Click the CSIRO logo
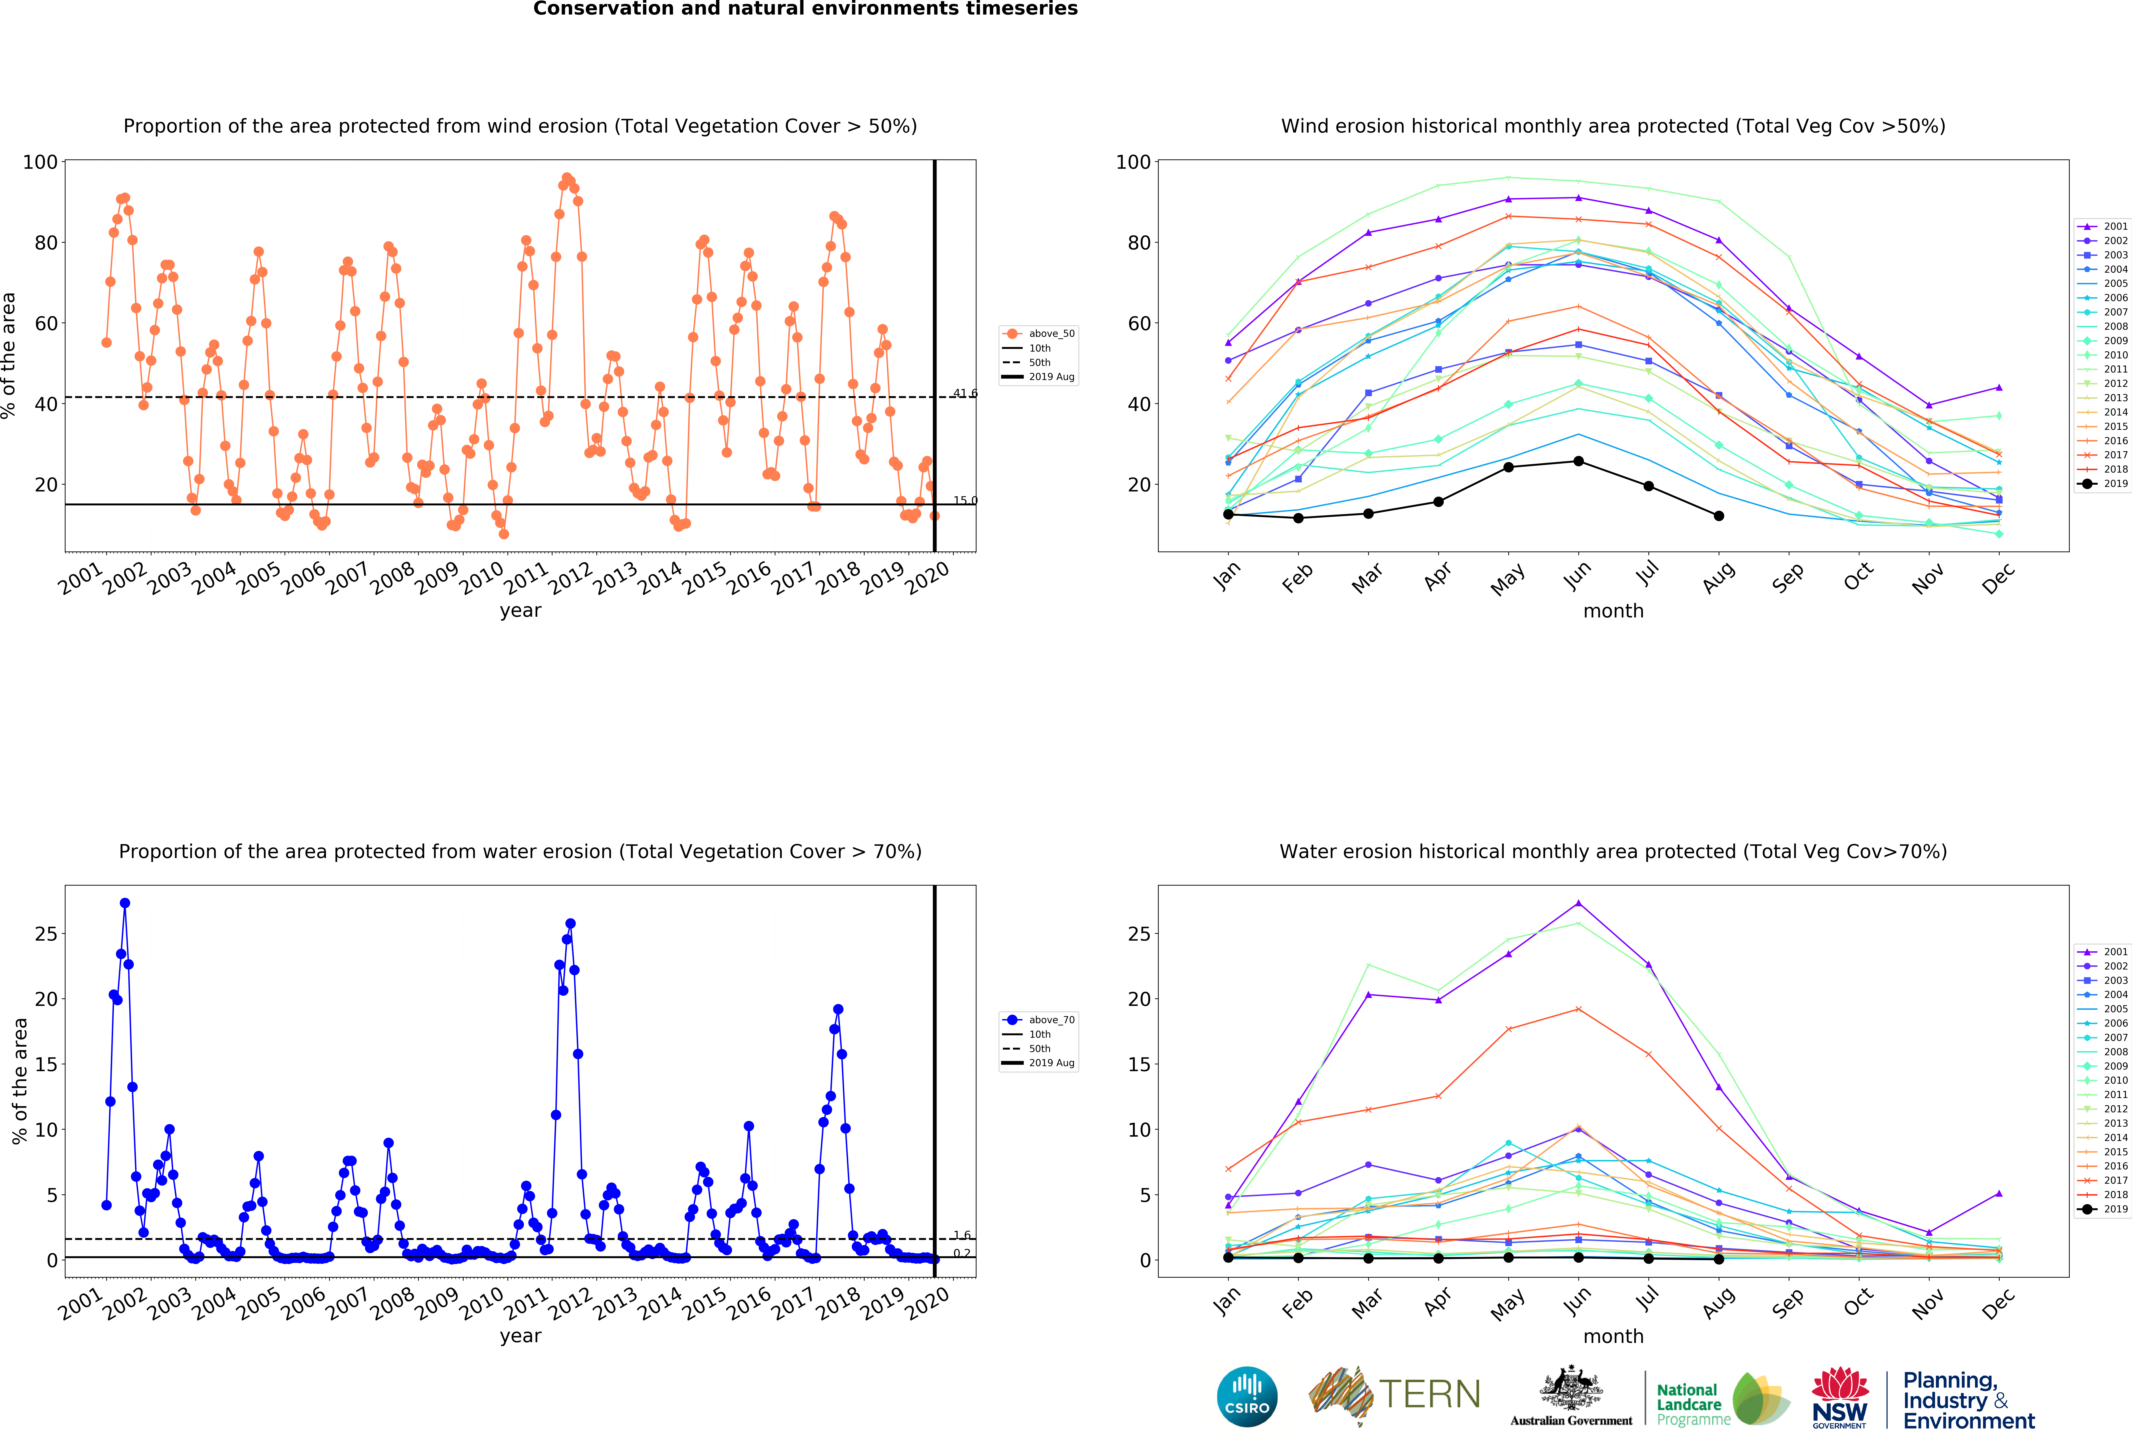click(1247, 1397)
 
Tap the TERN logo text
click(1429, 1394)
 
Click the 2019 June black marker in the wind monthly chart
click(1578, 461)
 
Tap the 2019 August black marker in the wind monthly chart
click(1718, 516)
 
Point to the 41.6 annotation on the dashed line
click(964, 393)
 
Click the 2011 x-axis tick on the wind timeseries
click(527, 578)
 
